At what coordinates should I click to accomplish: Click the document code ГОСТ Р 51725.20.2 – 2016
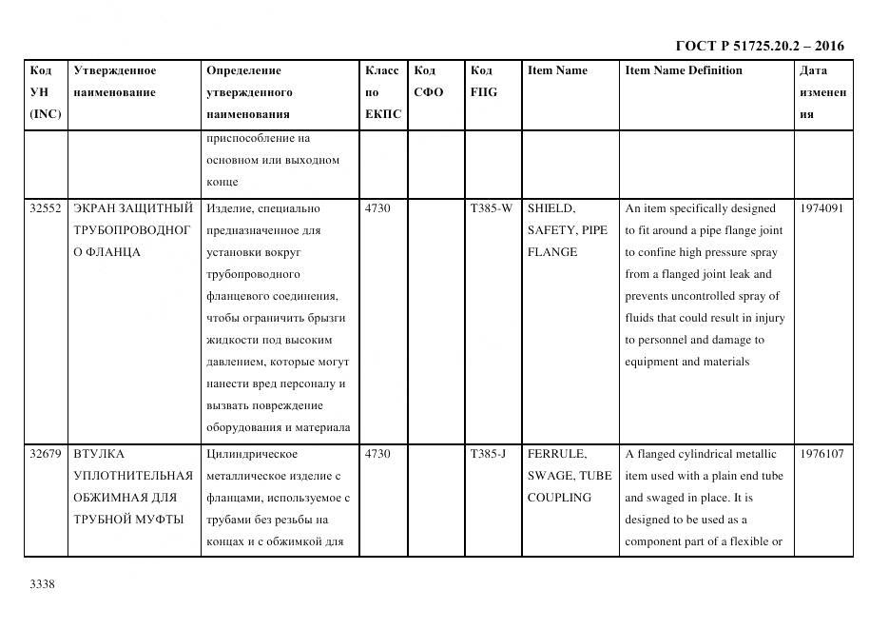click(759, 46)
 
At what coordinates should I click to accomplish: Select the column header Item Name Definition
click(683, 70)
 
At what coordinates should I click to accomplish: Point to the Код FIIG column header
click(483, 82)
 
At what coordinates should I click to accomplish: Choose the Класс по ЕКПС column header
click(382, 92)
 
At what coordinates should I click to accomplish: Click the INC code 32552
click(46, 208)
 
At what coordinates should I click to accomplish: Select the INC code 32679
click(46, 454)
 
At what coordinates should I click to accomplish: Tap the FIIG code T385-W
click(491, 208)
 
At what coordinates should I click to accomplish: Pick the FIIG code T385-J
click(489, 454)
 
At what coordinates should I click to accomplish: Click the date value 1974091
click(821, 208)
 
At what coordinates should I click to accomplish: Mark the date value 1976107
click(821, 454)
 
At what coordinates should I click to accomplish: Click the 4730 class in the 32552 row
click(377, 208)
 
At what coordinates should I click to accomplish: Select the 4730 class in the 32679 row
click(377, 454)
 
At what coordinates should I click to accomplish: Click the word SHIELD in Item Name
click(551, 208)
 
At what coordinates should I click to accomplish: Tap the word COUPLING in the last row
click(559, 498)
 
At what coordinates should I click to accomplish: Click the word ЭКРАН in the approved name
click(94, 208)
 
